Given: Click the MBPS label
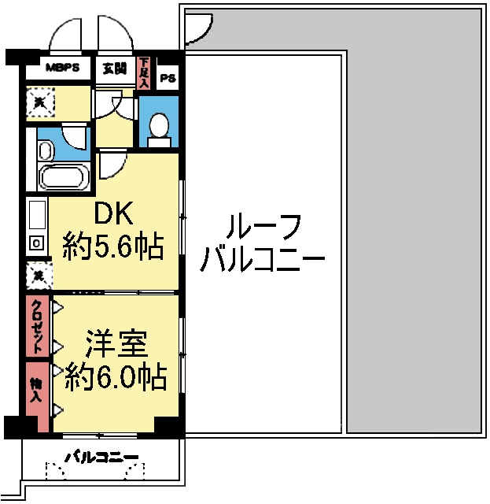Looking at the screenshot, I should point(62,68).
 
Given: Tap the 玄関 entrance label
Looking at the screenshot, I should point(114,68).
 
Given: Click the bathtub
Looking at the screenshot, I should point(62,177).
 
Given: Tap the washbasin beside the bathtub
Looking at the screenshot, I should point(44,149).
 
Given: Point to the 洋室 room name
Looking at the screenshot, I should point(116,344).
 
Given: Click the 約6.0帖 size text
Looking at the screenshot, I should point(116,379).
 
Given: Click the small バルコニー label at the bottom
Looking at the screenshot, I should point(101,457).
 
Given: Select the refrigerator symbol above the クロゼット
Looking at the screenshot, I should point(37,276).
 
